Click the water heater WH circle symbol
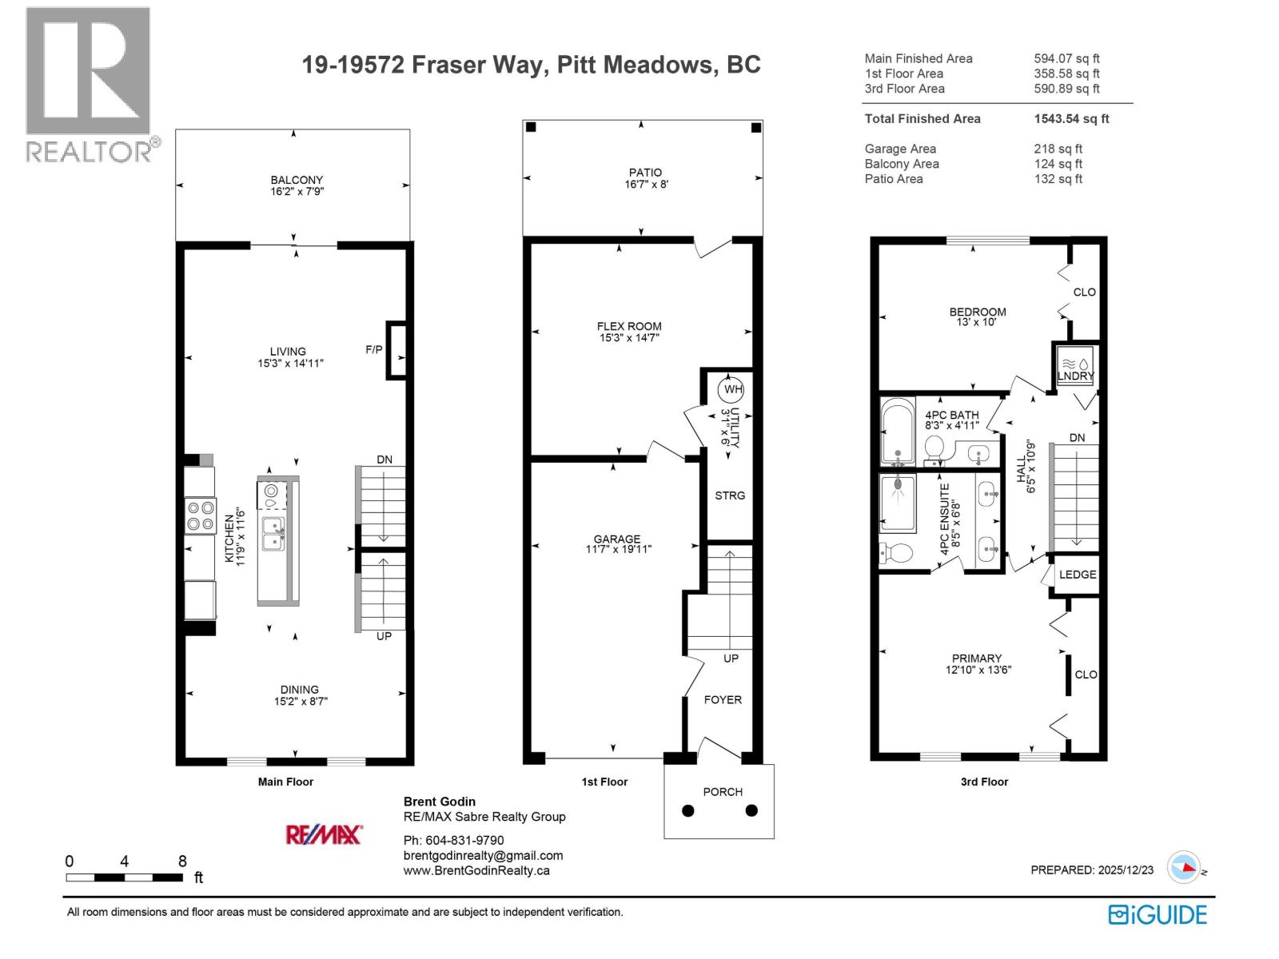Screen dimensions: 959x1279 pyautogui.click(x=731, y=390)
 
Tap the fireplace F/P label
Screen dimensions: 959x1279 pyautogui.click(x=373, y=350)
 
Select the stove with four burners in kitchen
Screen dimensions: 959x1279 pyautogui.click(x=200, y=515)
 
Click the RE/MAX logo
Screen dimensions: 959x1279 pyautogui.click(x=324, y=835)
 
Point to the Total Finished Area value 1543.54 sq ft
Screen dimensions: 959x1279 pyautogui.click(x=1071, y=118)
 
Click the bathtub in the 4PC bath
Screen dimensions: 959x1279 pyautogui.click(x=897, y=432)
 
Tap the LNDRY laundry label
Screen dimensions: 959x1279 pyautogui.click(x=1075, y=376)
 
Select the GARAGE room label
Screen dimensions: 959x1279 pyautogui.click(x=616, y=539)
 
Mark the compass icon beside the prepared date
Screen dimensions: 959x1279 pyautogui.click(x=1183, y=867)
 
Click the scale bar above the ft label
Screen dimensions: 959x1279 pyautogui.click(x=124, y=877)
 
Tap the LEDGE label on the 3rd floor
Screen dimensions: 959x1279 pyautogui.click(x=1077, y=575)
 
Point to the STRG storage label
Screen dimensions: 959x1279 pyautogui.click(x=729, y=495)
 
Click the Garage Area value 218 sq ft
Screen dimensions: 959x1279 pyautogui.click(x=1058, y=149)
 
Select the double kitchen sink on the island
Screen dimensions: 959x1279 pyautogui.click(x=273, y=533)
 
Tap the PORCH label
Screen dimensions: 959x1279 pyautogui.click(x=723, y=792)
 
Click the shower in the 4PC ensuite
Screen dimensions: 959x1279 pyautogui.click(x=898, y=502)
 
